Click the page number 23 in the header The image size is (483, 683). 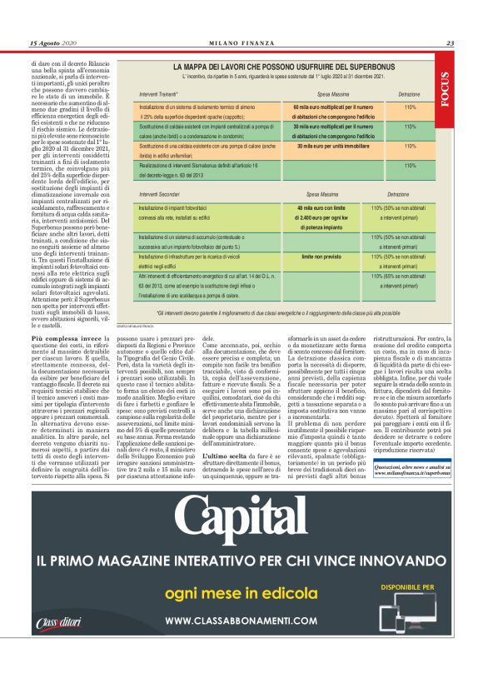449,43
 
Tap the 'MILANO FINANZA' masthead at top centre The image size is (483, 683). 241,43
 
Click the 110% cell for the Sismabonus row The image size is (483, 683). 410,165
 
